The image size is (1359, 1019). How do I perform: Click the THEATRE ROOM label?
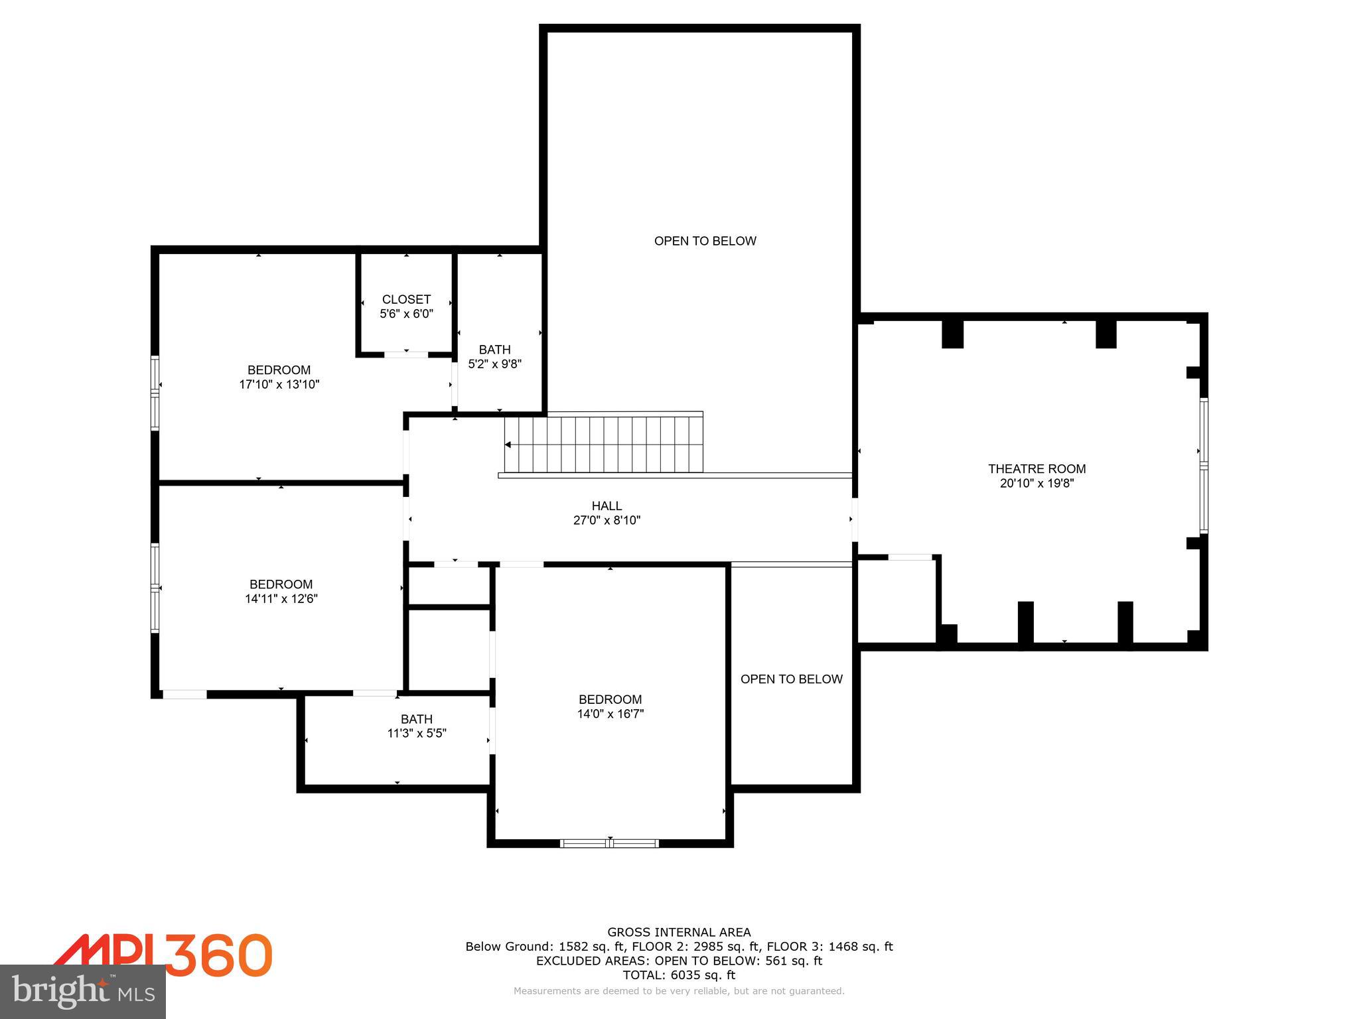point(1037,469)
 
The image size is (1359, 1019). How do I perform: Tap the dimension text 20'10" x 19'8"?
point(1037,484)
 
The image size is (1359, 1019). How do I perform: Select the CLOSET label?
point(406,299)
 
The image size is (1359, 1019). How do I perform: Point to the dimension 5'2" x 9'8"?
point(495,364)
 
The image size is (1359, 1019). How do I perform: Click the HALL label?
point(607,506)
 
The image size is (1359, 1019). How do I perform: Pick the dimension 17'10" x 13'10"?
point(279,384)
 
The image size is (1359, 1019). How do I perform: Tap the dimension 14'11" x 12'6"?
point(281,598)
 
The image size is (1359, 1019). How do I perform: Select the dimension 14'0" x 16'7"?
point(610,714)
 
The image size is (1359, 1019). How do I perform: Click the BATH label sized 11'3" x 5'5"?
point(417,719)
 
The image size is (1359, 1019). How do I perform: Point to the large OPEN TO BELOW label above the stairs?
point(705,241)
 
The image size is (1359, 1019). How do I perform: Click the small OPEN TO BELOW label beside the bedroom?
point(791,679)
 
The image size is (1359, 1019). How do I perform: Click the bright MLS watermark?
point(83,992)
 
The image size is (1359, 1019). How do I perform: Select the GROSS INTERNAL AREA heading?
point(679,932)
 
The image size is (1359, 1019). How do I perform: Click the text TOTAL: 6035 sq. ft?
point(679,975)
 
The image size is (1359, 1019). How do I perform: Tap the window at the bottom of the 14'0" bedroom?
point(609,843)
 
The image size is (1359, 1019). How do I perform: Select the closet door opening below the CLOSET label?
point(406,354)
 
